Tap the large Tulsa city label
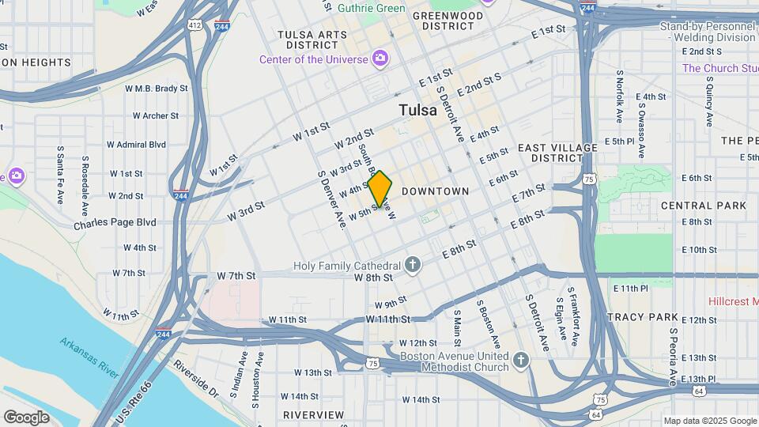point(417,110)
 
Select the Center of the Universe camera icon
point(380,59)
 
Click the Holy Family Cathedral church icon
point(413,264)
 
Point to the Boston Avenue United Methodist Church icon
point(519,361)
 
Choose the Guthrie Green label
point(371,8)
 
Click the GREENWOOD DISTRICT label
point(447,21)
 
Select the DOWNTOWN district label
point(435,191)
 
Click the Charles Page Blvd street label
point(115,223)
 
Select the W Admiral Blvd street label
point(138,145)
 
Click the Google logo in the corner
point(26,417)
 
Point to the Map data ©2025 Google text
point(709,421)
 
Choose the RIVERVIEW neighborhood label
point(313,415)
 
